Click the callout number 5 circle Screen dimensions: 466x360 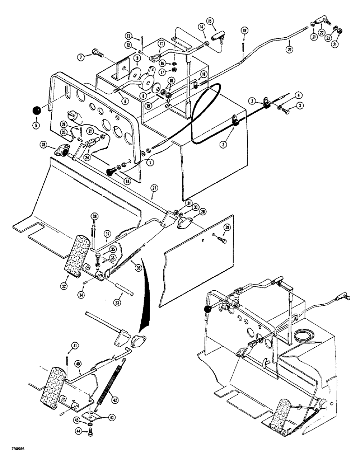tap(37, 125)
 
